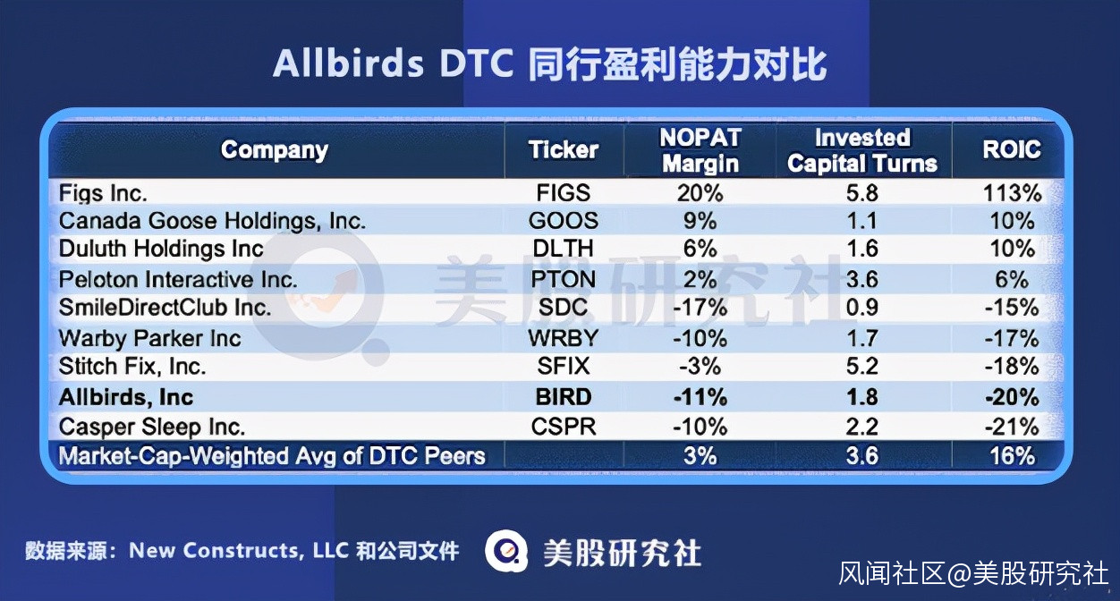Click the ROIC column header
point(1012,149)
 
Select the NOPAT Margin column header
point(700,150)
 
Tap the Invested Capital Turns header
point(862,150)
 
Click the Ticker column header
point(564,149)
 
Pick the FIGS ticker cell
point(564,192)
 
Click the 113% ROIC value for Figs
point(1013,193)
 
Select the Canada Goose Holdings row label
point(212,221)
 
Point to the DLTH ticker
point(563,249)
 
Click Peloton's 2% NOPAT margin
point(700,279)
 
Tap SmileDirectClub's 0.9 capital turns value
point(862,307)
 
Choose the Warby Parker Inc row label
point(149,338)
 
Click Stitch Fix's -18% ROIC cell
point(1012,367)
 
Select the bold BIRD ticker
point(564,397)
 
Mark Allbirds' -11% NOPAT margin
point(700,397)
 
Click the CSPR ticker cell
point(564,427)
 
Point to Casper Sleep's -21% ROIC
point(1012,427)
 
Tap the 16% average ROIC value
point(1013,455)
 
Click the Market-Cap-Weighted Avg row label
point(271,456)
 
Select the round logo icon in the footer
point(506,551)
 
